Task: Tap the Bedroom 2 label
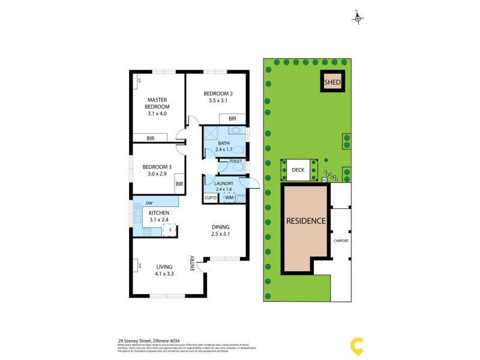click(x=217, y=94)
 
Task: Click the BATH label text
click(x=224, y=143)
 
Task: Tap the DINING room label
click(x=221, y=227)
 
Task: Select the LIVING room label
click(x=165, y=267)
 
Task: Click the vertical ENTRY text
click(x=193, y=263)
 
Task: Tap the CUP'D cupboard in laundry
click(x=210, y=197)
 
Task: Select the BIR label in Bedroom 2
click(x=232, y=119)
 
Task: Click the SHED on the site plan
click(x=332, y=82)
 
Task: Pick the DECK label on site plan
click(x=298, y=170)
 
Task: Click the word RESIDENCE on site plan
click(x=305, y=221)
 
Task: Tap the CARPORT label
click(x=341, y=241)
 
